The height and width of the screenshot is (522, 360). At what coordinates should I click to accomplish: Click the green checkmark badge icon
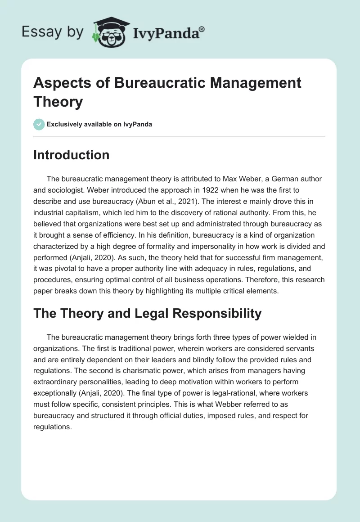pos(39,124)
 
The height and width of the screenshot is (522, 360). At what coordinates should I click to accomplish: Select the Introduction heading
pos(72,155)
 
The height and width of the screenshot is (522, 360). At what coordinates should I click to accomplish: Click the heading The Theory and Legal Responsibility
pos(148,313)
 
